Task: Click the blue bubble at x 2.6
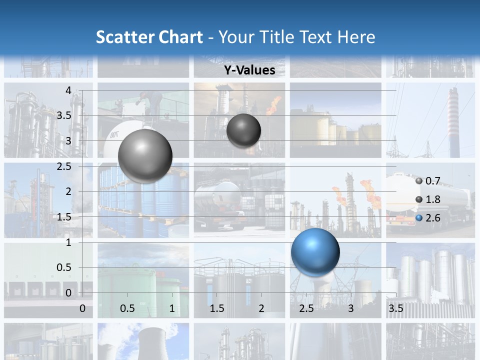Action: coord(315,252)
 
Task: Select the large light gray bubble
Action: coord(145,155)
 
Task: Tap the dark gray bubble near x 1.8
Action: coord(243,130)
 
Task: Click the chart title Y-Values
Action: coord(249,70)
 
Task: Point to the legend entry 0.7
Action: coord(432,181)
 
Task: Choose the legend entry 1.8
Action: coord(432,199)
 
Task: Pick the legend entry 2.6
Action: coord(432,218)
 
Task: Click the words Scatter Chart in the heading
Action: coord(149,37)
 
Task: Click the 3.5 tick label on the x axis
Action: coord(395,308)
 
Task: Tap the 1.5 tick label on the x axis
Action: coord(217,308)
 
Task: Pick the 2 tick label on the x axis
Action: coord(261,308)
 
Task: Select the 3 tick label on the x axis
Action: coord(351,308)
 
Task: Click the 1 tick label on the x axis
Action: coord(172,308)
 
